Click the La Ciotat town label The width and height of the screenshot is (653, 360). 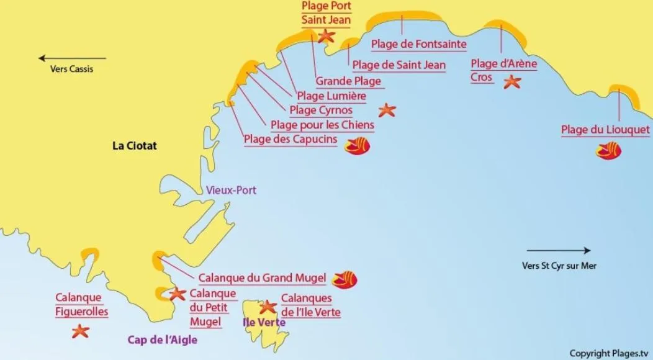(x=135, y=146)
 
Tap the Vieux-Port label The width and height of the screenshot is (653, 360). (x=231, y=191)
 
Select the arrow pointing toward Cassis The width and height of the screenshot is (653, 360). (x=72, y=58)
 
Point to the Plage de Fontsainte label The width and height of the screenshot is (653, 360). (x=418, y=45)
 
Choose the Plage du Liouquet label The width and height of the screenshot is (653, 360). (x=605, y=130)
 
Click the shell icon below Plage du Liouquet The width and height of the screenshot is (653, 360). (x=608, y=150)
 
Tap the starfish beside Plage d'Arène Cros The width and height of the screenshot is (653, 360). (x=512, y=81)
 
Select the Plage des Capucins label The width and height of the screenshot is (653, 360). (x=290, y=139)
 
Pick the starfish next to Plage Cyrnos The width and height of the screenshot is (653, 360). (x=387, y=110)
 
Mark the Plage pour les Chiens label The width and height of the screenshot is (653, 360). (x=322, y=125)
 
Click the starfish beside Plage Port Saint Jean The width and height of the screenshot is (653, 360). (x=326, y=35)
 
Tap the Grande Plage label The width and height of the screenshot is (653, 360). (x=348, y=81)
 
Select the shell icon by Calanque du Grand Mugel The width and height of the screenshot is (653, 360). (x=345, y=279)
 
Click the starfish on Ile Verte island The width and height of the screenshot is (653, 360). (x=268, y=307)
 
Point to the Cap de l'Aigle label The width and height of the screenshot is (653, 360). (x=166, y=340)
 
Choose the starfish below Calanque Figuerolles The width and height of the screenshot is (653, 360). (x=80, y=331)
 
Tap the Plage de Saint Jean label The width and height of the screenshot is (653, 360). (x=399, y=65)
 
